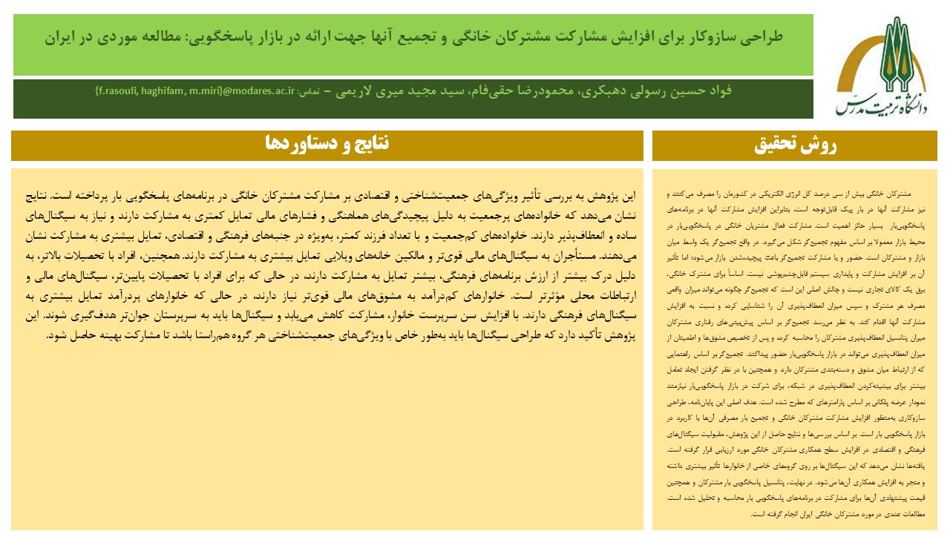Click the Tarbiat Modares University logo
(x=881, y=66)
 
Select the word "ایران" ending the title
(x=61, y=36)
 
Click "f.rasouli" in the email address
(x=119, y=91)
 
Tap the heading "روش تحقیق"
(x=795, y=145)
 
